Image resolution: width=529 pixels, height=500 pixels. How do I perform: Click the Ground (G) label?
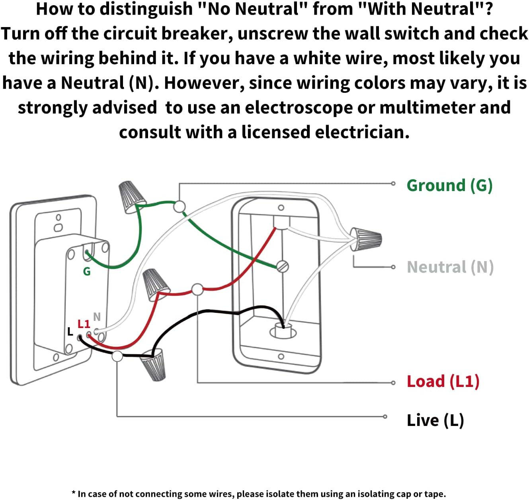click(449, 186)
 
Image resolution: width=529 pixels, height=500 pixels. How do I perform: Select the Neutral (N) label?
click(450, 267)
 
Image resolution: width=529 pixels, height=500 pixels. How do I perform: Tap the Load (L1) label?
click(443, 381)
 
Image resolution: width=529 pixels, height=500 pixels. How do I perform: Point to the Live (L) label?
click(435, 420)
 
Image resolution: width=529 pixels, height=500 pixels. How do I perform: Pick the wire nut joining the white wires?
click(366, 239)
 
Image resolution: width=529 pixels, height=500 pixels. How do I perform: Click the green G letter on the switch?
click(87, 271)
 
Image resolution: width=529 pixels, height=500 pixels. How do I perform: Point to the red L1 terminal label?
click(84, 324)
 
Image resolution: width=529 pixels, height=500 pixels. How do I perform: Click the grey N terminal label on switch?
click(97, 316)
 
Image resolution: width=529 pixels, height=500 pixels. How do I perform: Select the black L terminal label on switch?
click(70, 332)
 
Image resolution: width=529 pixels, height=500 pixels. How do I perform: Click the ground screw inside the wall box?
click(283, 266)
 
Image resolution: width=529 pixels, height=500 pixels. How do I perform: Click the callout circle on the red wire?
click(197, 289)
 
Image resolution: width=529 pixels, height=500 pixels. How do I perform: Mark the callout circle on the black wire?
click(117, 356)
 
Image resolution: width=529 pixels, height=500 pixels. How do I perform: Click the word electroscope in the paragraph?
click(299, 108)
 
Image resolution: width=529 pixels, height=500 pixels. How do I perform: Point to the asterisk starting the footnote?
click(74, 493)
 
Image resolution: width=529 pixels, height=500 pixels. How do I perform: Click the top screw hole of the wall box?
click(281, 207)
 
